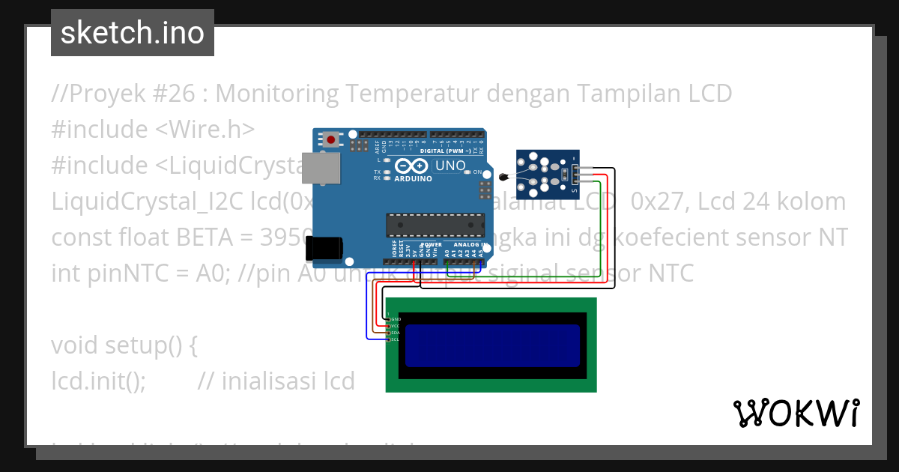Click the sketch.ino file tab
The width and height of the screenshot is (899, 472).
point(133,33)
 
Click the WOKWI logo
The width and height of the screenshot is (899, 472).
point(796,413)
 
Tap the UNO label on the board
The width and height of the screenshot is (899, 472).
point(450,166)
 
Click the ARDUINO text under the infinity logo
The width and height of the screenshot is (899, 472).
point(413,179)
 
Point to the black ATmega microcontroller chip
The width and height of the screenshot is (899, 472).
point(434,224)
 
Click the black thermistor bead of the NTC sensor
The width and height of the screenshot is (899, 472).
point(503,178)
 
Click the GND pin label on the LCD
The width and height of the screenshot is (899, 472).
point(396,319)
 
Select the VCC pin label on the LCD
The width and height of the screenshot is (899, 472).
point(396,326)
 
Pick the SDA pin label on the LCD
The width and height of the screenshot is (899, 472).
point(396,333)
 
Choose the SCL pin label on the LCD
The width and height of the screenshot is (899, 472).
point(396,339)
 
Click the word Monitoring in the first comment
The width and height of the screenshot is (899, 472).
point(276,94)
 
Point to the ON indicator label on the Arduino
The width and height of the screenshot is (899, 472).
point(477,172)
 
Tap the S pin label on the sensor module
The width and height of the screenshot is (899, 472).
point(575,193)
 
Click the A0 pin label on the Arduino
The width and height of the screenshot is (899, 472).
point(447,254)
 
